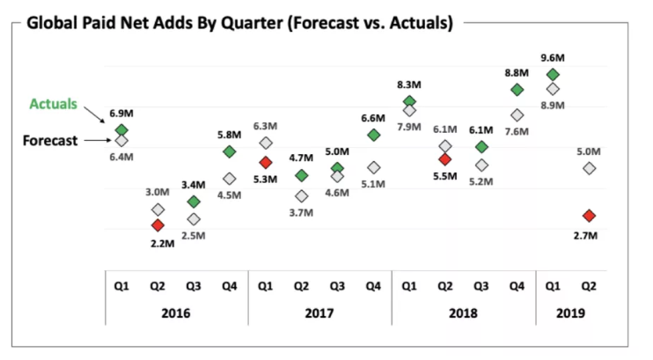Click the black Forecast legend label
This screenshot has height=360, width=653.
pyautogui.click(x=51, y=140)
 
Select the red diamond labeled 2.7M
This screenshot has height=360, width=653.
pyautogui.click(x=589, y=216)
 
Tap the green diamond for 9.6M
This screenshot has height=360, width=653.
pyautogui.click(x=553, y=75)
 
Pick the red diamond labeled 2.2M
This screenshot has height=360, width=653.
pyautogui.click(x=158, y=225)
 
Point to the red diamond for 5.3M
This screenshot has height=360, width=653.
pyautogui.click(x=266, y=163)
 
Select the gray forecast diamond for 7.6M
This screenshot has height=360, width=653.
pyautogui.click(x=517, y=115)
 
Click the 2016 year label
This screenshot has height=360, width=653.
pyautogui.click(x=176, y=312)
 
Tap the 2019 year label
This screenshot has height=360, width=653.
pyautogui.click(x=570, y=312)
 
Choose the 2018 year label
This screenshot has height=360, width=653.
pyautogui.click(x=463, y=312)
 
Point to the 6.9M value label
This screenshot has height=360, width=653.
pyautogui.click(x=121, y=114)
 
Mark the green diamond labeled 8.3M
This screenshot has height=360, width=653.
pyautogui.click(x=409, y=103)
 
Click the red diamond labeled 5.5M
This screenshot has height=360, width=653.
pyautogui.click(x=445, y=159)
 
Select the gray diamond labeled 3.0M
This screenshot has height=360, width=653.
pyautogui.click(x=158, y=209)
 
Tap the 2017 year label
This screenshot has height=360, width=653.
pyautogui.click(x=319, y=312)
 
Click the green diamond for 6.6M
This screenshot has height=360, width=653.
pyautogui.click(x=373, y=135)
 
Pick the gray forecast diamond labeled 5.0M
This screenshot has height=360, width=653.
pyautogui.click(x=589, y=168)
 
